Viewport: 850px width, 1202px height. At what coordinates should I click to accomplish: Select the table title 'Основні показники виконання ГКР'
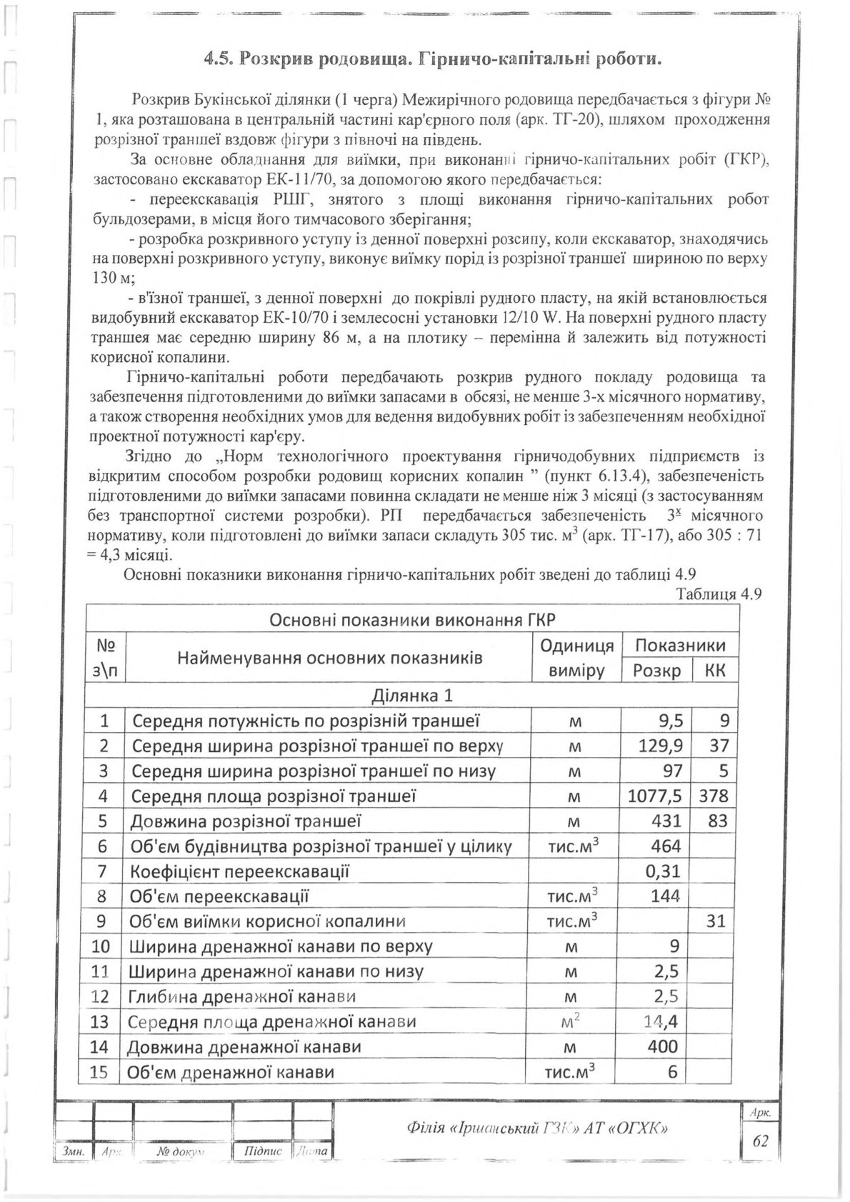coord(413,618)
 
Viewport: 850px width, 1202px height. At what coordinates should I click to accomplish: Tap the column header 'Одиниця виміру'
coord(577,658)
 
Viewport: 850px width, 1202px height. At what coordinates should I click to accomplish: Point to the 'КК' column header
coord(714,671)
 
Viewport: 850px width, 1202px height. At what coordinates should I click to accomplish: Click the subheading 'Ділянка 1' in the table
coord(412,695)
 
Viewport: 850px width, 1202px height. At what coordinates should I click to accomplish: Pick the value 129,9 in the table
coord(660,746)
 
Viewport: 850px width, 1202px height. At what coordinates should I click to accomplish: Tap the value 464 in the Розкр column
coord(666,846)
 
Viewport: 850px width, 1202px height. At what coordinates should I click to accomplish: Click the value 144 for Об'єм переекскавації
coord(666,896)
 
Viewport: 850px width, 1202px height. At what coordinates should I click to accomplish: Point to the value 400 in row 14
coord(665,1047)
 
